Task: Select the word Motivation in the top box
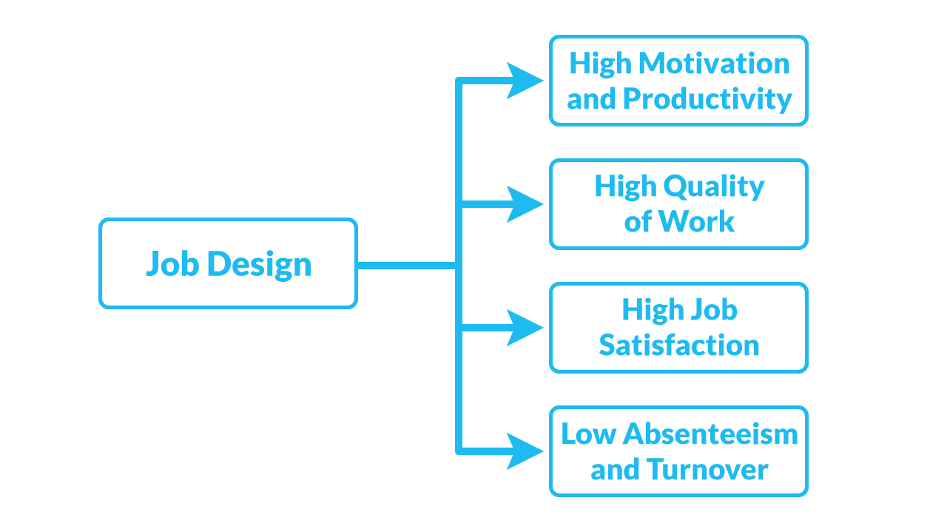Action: pos(714,63)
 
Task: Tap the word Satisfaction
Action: pos(679,345)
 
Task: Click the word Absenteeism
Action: pos(711,434)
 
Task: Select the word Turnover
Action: pos(707,469)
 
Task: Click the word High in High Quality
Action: pos(625,186)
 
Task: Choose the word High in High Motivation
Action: pos(600,63)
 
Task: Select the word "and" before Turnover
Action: pos(615,469)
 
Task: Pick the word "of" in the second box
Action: pos(638,221)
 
